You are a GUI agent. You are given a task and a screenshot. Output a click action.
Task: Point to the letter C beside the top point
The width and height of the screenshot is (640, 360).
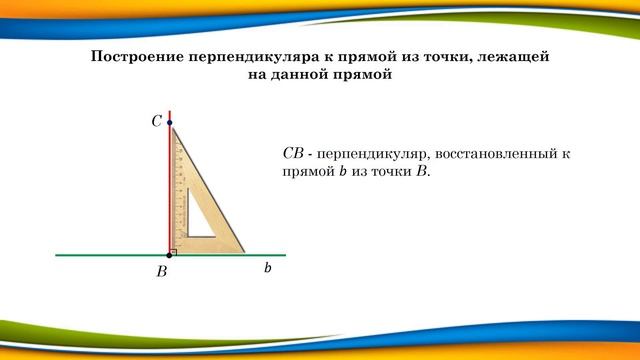tap(156, 121)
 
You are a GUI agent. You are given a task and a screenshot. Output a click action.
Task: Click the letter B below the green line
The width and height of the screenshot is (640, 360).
tap(161, 271)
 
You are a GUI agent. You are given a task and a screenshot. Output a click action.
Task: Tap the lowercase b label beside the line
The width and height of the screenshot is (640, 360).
tap(268, 269)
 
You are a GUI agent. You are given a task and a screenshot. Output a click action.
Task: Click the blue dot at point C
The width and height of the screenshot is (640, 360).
tap(170, 123)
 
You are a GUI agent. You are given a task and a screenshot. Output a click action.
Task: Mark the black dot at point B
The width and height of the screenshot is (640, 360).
tap(169, 255)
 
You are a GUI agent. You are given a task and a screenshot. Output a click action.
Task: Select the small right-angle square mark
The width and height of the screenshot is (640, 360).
tap(174, 251)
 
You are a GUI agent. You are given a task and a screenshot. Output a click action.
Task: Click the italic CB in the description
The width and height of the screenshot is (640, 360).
tap(293, 154)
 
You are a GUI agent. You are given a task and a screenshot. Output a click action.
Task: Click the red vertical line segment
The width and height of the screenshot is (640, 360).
tap(170, 180)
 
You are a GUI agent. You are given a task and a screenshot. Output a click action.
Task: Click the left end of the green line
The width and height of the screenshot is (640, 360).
tap(57, 255)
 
